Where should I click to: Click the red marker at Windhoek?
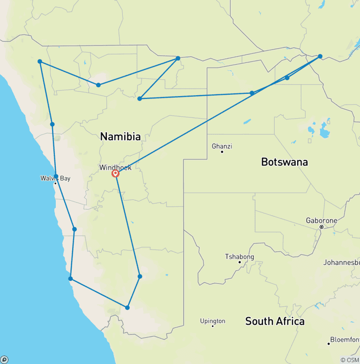pos(115,173)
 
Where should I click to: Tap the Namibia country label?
pos(120,136)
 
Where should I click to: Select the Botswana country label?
pos(284,162)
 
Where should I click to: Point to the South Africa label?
pos(275,321)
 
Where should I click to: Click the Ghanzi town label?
pos(222,146)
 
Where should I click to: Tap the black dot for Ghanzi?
pos(222,152)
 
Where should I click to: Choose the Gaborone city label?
pos(321,220)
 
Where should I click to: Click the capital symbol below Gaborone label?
pos(322,227)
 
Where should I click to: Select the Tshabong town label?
pos(240,257)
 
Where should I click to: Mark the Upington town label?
pos(212,321)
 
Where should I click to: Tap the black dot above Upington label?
pos(213,326)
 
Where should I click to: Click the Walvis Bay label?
pos(55,178)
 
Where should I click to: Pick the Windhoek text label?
pos(115,167)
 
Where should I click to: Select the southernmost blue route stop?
pos(127,308)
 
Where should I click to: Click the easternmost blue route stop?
pos(320,56)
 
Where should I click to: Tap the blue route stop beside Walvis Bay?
pos(56,176)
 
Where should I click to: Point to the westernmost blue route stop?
pos(40,61)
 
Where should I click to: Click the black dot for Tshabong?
pos(240,262)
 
